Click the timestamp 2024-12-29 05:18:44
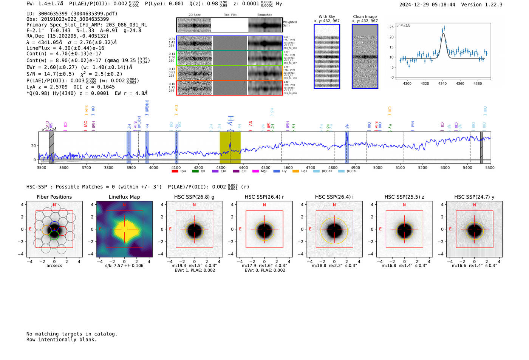(x=427, y=5)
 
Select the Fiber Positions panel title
(x=54, y=197)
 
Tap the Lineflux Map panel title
(x=124, y=197)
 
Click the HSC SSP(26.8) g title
(x=194, y=197)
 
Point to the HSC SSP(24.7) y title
(x=474, y=197)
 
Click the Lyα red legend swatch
(x=175, y=171)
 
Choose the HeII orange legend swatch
(x=295, y=171)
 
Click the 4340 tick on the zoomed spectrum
(x=442, y=83)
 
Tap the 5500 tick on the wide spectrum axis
(x=490, y=167)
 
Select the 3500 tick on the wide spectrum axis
(x=42, y=167)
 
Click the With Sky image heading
(x=327, y=17)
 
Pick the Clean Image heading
(x=365, y=17)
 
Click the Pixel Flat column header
(x=230, y=15)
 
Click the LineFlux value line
(x=65, y=48)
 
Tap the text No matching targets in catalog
(x=72, y=334)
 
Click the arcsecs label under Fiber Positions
(x=54, y=266)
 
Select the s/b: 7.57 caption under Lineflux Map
(x=124, y=266)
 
